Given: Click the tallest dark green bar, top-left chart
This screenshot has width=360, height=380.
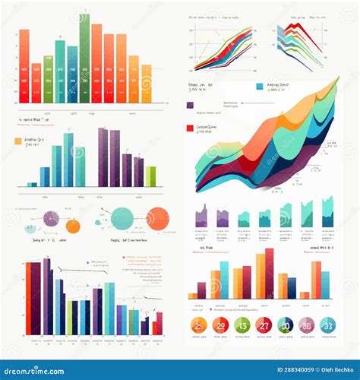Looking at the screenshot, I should (84, 59).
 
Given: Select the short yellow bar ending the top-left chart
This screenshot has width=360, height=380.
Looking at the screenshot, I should (147, 84).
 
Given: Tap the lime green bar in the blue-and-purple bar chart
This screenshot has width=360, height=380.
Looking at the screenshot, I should (150, 176).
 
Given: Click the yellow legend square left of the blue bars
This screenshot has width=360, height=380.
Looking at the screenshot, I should (18, 141).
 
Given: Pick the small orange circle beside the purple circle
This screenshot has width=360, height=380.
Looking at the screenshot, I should (73, 226).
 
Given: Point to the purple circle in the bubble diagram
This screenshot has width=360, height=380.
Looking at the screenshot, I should (50, 219).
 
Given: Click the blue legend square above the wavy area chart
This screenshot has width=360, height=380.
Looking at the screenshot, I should (261, 87).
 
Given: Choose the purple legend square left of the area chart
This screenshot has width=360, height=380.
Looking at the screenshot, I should (190, 106).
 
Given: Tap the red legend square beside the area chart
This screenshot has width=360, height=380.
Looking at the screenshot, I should (190, 129).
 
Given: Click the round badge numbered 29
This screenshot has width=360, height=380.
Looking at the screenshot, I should (220, 326).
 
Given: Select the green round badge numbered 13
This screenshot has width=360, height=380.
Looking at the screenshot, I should (242, 326).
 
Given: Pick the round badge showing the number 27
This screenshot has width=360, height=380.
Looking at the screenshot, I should (264, 326).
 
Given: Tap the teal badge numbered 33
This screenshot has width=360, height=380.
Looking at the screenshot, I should (328, 326).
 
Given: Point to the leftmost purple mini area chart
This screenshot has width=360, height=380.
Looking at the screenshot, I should (201, 219).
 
